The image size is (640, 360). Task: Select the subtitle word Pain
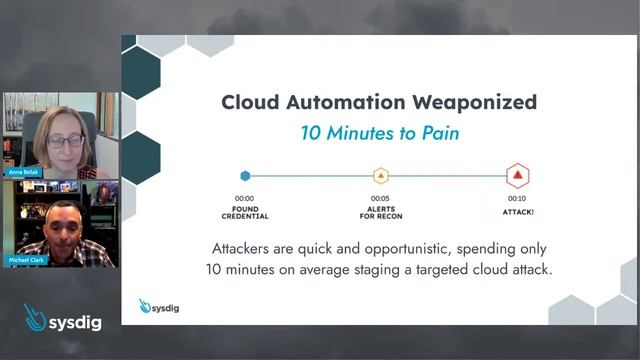pyautogui.click(x=437, y=133)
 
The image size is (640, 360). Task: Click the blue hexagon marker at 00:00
pyautogui.click(x=245, y=176)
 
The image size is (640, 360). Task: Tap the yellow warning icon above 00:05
pyautogui.click(x=380, y=176)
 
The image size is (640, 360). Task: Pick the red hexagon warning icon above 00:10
pyautogui.click(x=517, y=176)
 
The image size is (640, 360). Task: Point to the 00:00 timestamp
pyautogui.click(x=245, y=198)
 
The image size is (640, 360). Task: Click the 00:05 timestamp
pyautogui.click(x=380, y=198)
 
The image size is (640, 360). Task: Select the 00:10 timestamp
pyautogui.click(x=517, y=198)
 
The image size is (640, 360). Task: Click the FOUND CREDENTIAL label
pyautogui.click(x=245, y=212)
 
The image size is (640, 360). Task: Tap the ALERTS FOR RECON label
pyautogui.click(x=380, y=212)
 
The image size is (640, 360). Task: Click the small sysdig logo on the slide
pyautogui.click(x=159, y=306)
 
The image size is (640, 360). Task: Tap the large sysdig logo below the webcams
pyautogui.click(x=62, y=319)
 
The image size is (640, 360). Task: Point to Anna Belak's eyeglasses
pyautogui.click(x=65, y=141)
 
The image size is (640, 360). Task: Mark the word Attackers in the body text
pyautogui.click(x=247, y=248)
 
